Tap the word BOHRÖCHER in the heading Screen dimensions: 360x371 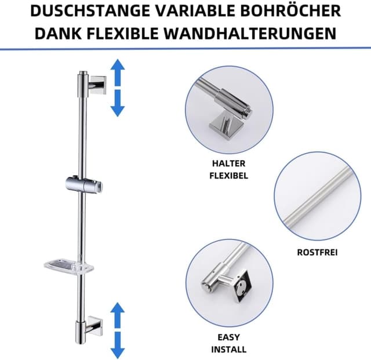pyautogui.click(x=292, y=12)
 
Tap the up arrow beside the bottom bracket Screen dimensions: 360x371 pyautogui.click(x=118, y=315)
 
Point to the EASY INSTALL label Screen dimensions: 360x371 pyautogui.click(x=228, y=344)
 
